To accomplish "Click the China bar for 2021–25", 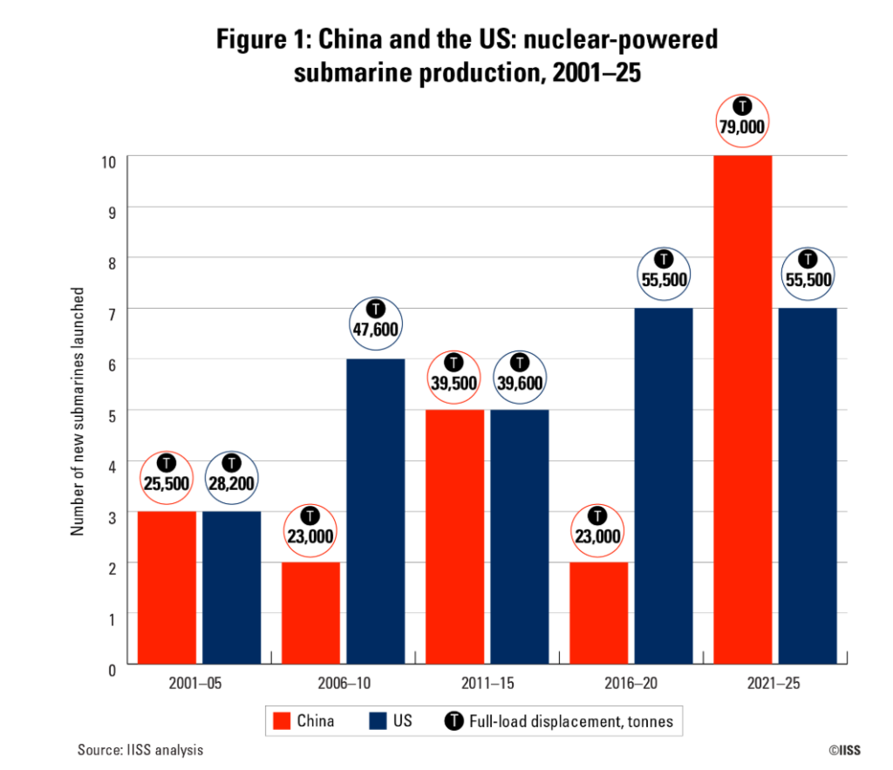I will coord(742,410).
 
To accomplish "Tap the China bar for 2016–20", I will coord(598,614).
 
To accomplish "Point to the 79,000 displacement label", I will coord(742,127).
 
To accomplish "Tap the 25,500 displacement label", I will coord(166,483).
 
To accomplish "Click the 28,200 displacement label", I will coord(231,483).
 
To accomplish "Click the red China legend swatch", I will coord(281,721).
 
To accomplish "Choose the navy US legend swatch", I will coord(376,721).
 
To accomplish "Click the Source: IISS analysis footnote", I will coord(140,749).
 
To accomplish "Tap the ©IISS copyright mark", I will coord(845,749).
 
